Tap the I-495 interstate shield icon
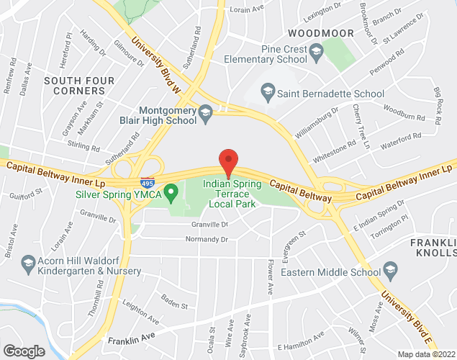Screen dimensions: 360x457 (147, 183)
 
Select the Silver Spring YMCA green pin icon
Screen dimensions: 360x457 (171, 193)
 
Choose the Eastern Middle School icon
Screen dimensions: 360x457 (390, 272)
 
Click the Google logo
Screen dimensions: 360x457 (24, 351)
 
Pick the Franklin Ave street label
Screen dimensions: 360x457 (132, 338)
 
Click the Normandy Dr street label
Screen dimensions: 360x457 (206, 239)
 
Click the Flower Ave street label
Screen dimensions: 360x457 (270, 277)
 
